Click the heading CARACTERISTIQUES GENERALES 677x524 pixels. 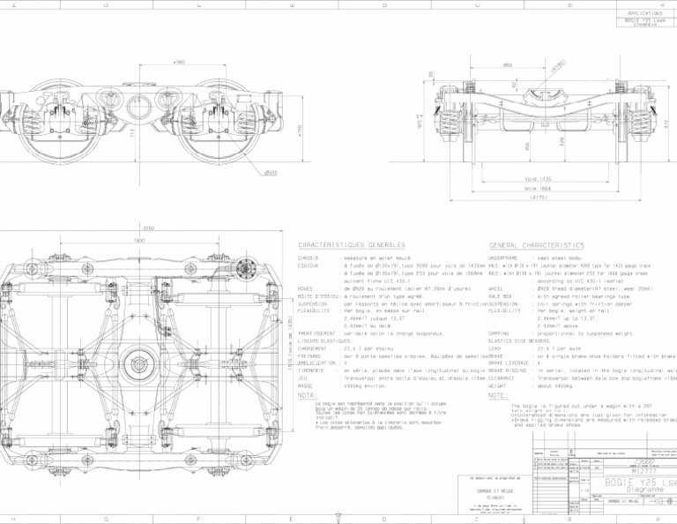click(352, 244)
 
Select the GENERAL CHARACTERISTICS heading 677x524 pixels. click(536, 244)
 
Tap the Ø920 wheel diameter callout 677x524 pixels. click(271, 173)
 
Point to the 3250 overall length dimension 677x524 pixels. click(149, 228)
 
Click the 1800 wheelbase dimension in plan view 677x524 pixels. click(139, 240)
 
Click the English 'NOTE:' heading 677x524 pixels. click(498, 395)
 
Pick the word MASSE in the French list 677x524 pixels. click(306, 386)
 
